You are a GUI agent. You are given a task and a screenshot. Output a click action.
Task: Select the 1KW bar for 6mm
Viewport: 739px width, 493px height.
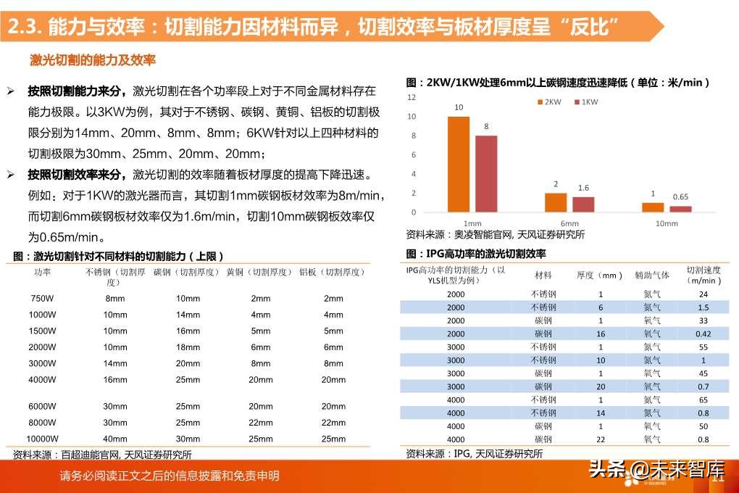[583, 204]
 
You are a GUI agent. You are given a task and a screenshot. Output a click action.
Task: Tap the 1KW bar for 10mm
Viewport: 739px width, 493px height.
[680, 209]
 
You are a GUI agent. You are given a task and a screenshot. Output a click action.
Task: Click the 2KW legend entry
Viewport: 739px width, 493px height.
[549, 102]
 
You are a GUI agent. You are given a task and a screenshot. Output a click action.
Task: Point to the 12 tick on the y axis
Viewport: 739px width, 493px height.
[412, 97]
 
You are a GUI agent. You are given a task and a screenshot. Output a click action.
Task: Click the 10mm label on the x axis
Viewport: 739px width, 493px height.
[667, 223]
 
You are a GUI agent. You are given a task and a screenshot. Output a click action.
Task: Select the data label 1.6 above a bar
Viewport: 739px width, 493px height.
[583, 188]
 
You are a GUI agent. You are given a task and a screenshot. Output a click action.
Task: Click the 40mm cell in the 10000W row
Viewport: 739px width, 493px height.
[115, 439]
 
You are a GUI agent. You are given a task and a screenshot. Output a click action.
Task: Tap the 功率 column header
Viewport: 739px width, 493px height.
[42, 272]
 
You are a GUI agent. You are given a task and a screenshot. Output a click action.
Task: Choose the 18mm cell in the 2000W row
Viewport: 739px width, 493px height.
[188, 347]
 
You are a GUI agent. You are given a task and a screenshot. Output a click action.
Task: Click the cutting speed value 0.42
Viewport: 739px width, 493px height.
[703, 333]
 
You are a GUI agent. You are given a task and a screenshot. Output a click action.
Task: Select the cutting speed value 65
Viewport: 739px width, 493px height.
[703, 399]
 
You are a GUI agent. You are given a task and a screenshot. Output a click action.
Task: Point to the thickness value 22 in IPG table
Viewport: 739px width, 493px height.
[600, 439]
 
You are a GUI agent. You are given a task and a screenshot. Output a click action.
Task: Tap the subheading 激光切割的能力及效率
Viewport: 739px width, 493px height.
[93, 59]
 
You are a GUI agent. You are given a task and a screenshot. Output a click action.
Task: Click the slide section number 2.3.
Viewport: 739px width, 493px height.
[23, 27]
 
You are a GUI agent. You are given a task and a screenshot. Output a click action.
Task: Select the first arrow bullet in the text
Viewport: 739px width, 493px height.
[11, 91]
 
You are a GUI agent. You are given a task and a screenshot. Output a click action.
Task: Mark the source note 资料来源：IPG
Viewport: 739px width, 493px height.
[474, 454]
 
